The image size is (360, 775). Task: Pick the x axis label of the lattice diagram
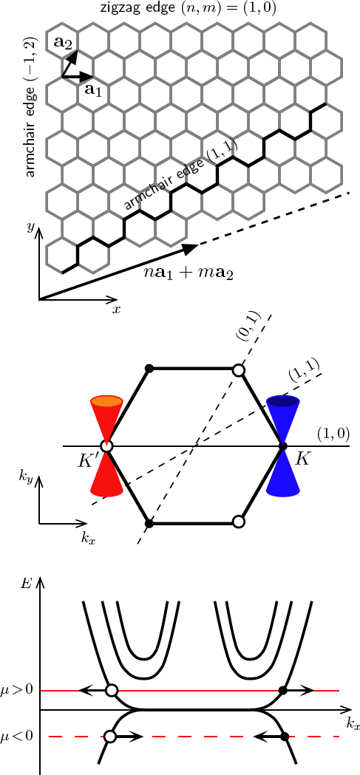(116, 310)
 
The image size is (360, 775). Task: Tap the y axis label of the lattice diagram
(30, 228)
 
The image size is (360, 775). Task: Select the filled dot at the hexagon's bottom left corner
(149, 523)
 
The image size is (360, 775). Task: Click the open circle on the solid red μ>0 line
(112, 691)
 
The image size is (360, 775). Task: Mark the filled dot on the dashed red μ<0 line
(285, 736)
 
